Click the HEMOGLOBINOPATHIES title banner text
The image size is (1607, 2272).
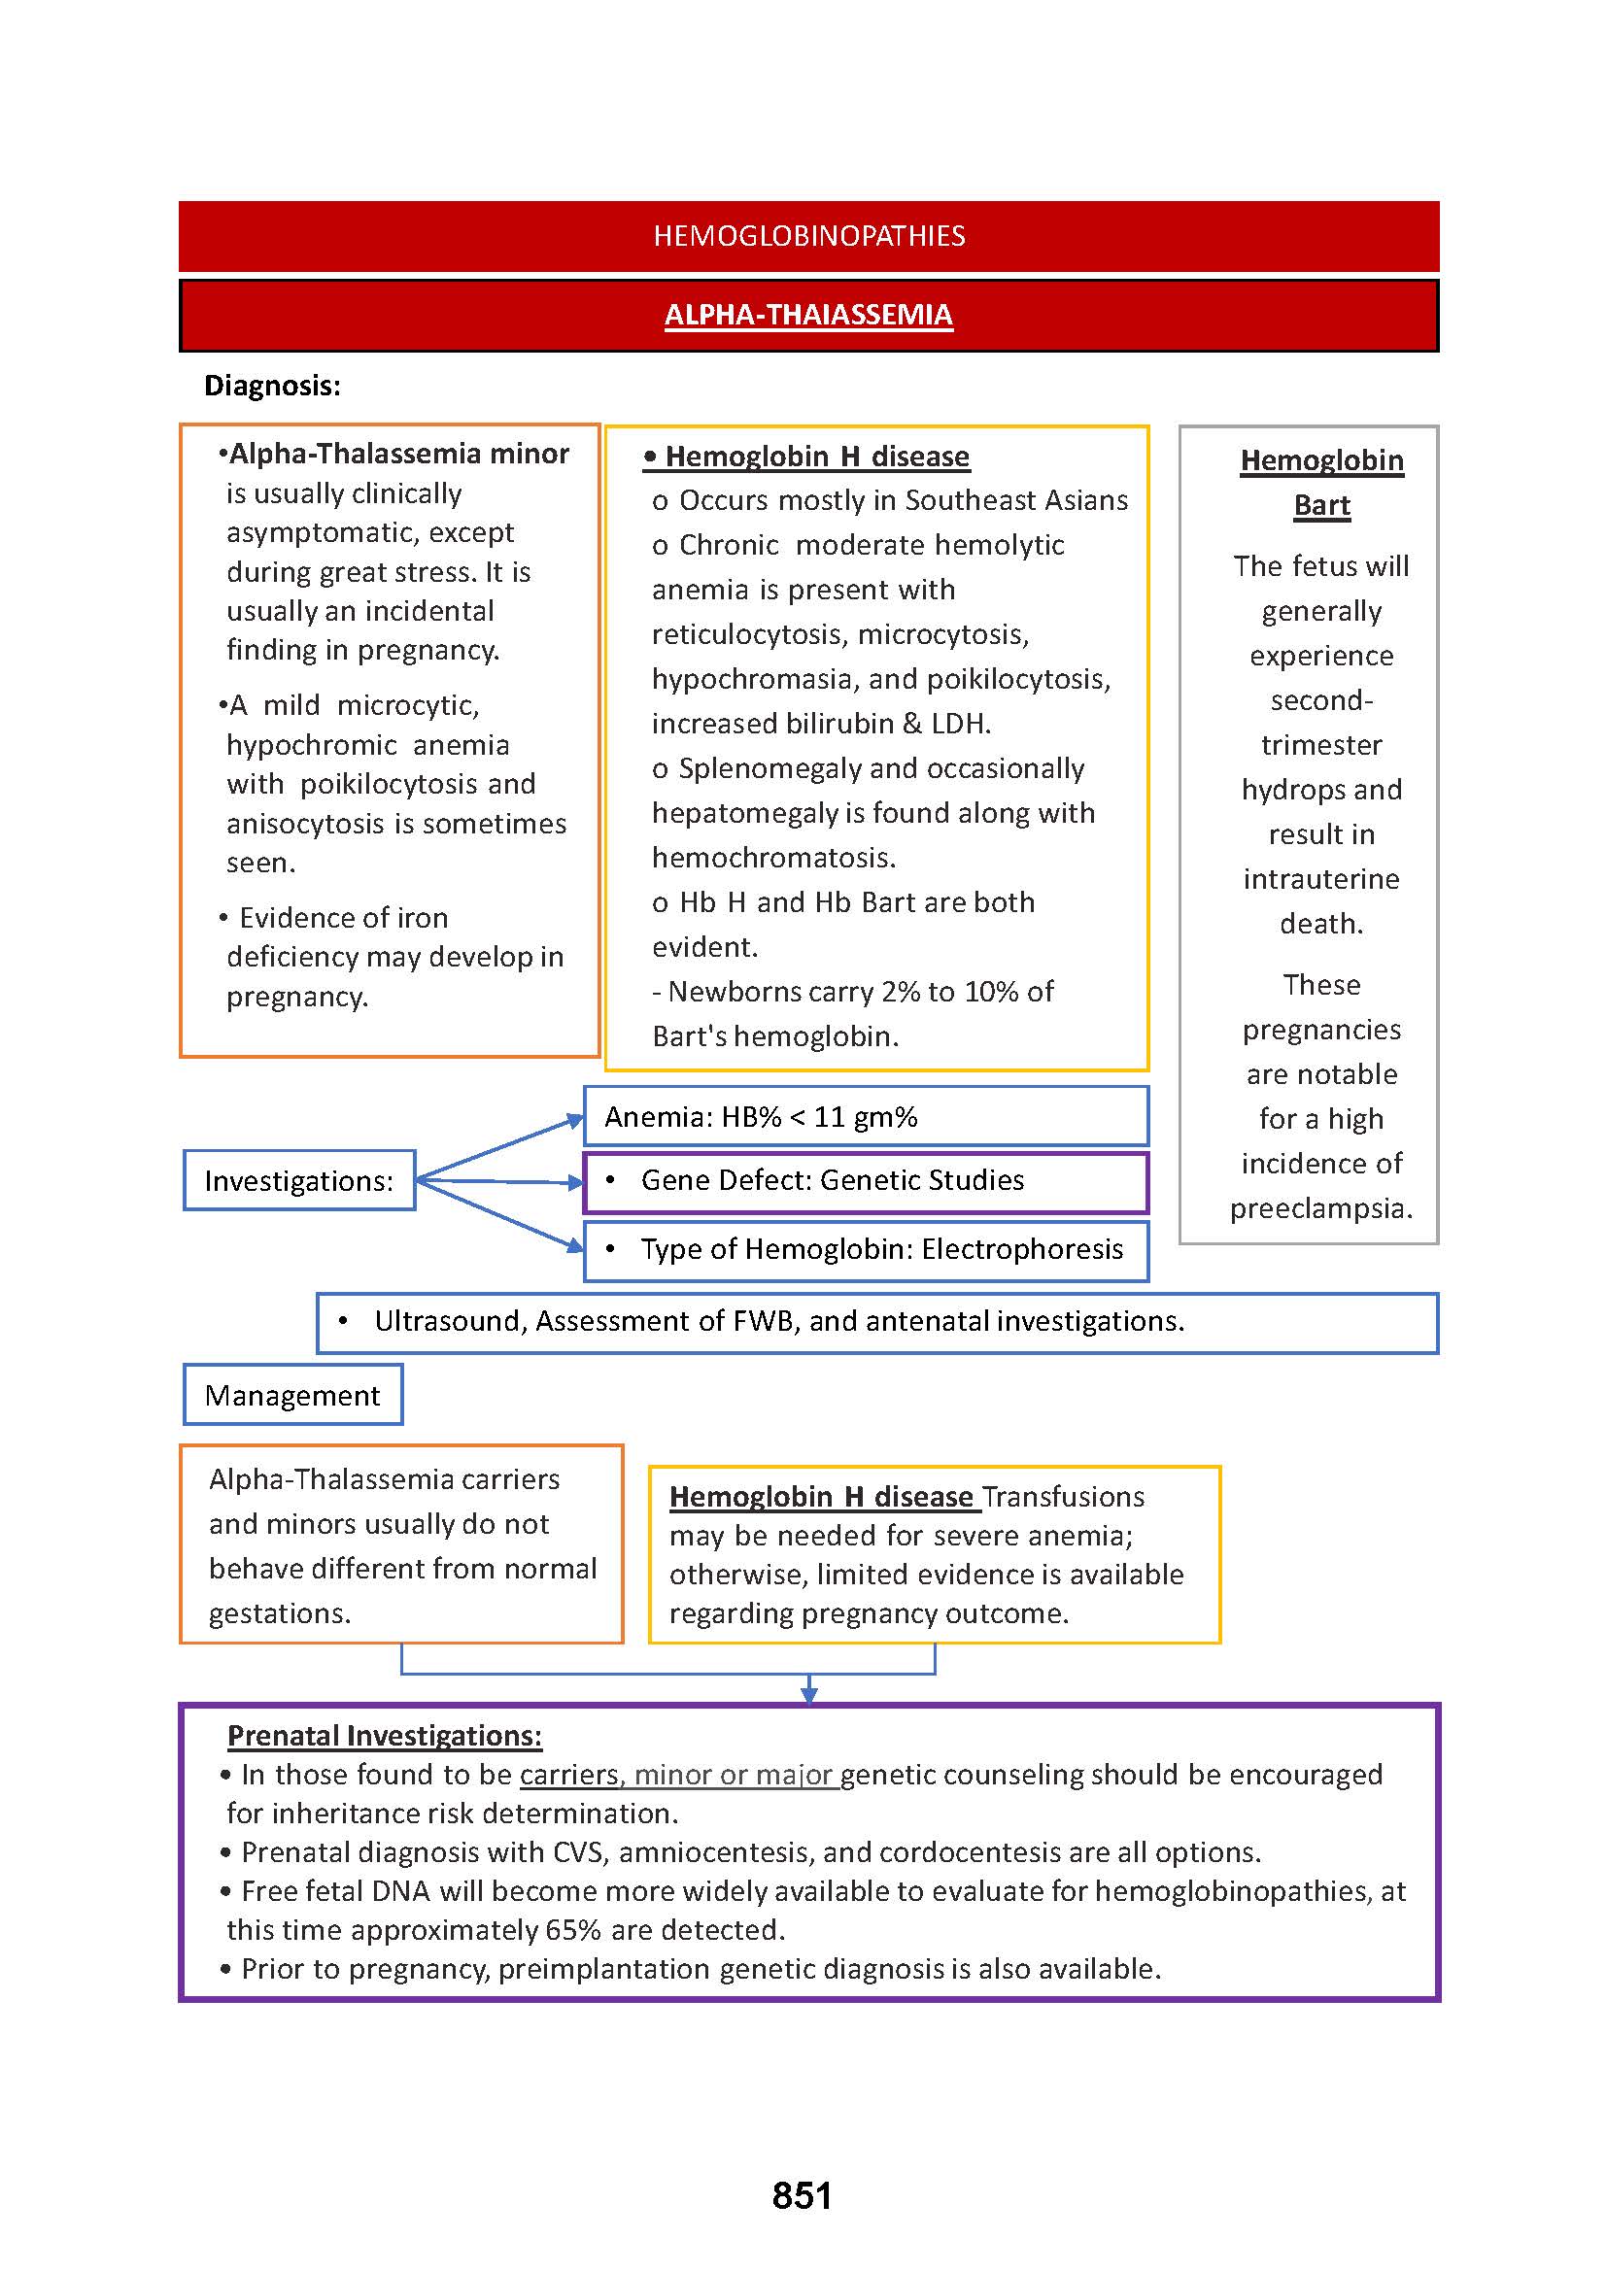[x=808, y=235]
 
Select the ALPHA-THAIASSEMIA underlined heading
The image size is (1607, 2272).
[x=808, y=315]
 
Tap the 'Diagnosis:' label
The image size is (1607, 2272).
[x=272, y=385]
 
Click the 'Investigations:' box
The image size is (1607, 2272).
[x=299, y=1180]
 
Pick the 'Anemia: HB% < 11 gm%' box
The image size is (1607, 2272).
[x=866, y=1117]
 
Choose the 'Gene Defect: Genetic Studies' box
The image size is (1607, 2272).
[x=866, y=1180]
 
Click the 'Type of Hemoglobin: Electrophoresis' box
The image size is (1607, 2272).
[x=866, y=1250]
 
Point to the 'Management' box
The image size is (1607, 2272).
[x=292, y=1395]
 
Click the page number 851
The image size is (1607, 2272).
[x=802, y=2196]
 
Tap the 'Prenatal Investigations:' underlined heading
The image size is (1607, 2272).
[x=384, y=1736]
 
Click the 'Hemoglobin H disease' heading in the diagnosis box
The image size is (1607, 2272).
[x=816, y=457]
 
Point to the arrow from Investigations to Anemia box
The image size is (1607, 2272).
[x=499, y=1149]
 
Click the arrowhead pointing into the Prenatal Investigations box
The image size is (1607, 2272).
[x=808, y=1695]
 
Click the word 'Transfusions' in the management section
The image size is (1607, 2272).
[x=1064, y=1496]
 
